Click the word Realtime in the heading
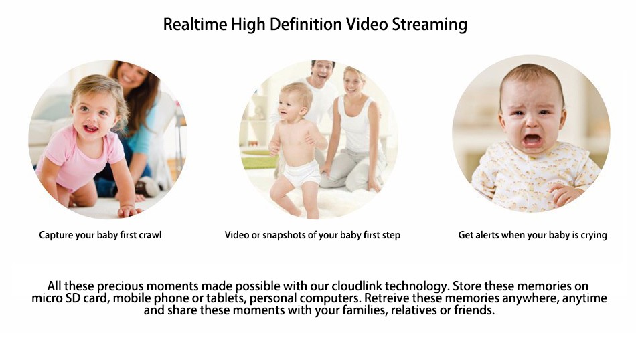(195, 24)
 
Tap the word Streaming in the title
(429, 25)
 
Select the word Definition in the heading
(305, 24)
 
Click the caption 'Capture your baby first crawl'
(100, 235)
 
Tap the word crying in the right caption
(593, 236)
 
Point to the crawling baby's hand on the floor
(129, 211)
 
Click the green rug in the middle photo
(260, 162)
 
